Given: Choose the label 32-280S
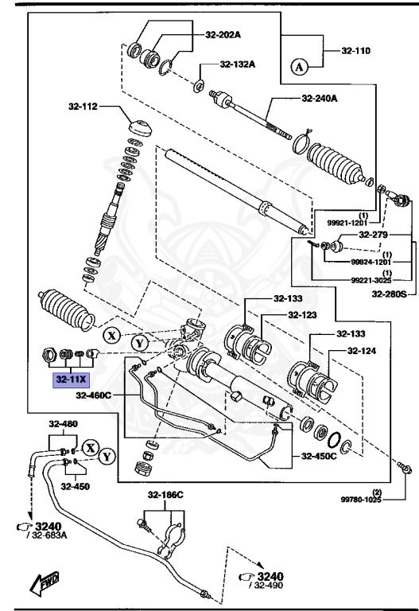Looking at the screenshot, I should [x=390, y=294].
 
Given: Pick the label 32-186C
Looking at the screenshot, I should [x=165, y=494].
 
